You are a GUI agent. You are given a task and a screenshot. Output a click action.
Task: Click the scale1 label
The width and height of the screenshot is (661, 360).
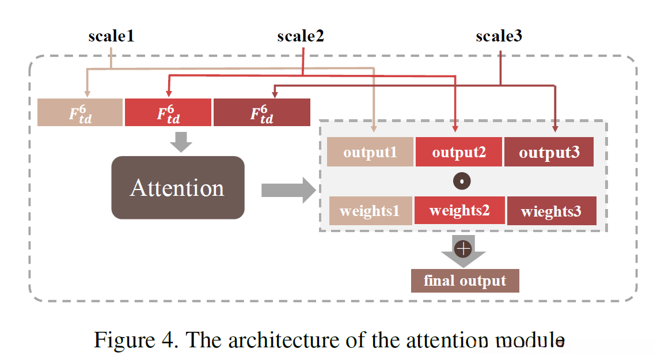pos(111,36)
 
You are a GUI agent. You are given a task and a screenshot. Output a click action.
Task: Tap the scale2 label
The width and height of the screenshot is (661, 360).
pos(301,36)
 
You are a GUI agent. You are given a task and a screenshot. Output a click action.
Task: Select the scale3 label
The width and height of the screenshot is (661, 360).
pos(499,36)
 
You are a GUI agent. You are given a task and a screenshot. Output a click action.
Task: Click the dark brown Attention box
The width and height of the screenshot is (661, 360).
pos(177,188)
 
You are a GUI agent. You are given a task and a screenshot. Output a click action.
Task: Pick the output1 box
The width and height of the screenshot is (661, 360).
pos(370,152)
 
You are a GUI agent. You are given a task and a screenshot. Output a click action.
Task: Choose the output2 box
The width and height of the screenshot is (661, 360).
pos(459,152)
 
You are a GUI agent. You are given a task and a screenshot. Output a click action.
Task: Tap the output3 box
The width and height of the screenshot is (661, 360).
pos(549,152)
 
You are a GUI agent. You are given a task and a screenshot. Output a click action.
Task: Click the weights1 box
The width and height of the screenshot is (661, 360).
pos(370,211)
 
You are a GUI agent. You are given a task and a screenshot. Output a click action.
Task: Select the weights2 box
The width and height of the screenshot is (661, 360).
pos(459,210)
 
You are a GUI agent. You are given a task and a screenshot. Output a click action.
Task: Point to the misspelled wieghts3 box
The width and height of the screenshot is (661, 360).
pos(551,211)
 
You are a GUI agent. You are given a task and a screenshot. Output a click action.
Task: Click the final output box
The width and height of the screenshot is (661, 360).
pos(465,281)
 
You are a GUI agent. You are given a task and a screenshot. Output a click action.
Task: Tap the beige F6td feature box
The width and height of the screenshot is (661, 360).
pos(80,112)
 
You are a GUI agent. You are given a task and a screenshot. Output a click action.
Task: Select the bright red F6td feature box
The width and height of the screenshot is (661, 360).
pos(168,112)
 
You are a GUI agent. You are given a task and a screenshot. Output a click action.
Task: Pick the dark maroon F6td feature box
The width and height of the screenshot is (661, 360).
pos(261,112)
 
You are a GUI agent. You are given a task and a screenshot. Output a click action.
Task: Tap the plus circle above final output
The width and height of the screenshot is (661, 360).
pos(463,249)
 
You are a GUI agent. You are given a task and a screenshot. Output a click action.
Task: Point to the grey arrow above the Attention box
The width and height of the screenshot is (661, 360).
pos(182,142)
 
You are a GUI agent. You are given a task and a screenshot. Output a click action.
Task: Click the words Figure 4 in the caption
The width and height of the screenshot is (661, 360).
pos(134,340)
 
